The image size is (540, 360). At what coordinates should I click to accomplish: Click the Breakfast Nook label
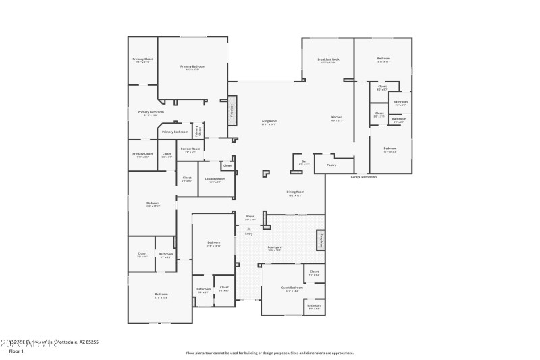(328, 59)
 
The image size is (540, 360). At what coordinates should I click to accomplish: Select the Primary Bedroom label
(192, 66)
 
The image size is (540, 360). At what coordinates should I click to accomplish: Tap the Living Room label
(269, 122)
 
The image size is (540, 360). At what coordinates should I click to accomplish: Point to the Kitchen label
(336, 118)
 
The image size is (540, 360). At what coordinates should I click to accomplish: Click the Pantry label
(331, 165)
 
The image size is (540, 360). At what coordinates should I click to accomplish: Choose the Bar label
(304, 161)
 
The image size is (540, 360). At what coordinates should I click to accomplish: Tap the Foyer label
(250, 217)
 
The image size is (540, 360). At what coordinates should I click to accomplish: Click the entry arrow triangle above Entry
(249, 229)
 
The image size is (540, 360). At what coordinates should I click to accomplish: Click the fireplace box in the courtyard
(321, 240)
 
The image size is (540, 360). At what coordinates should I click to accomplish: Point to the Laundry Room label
(217, 180)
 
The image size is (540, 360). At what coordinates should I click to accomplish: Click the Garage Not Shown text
(363, 177)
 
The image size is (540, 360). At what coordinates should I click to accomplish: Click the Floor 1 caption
(16, 351)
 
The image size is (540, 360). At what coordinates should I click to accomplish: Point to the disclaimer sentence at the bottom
(269, 353)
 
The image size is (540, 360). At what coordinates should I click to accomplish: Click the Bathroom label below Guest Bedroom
(314, 305)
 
